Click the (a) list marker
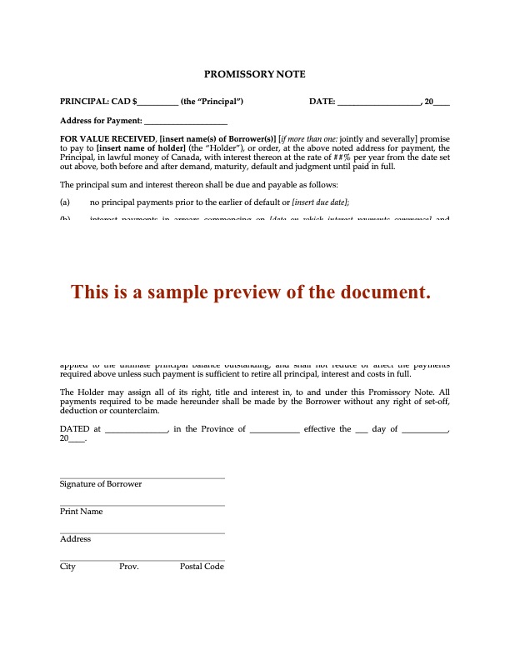[x=65, y=202]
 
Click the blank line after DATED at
[x=136, y=430]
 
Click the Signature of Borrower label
[x=101, y=484]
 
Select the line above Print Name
[x=142, y=505]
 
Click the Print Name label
[x=82, y=512]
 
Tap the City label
[x=67, y=567]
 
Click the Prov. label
[x=129, y=567]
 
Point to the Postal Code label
[x=202, y=567]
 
